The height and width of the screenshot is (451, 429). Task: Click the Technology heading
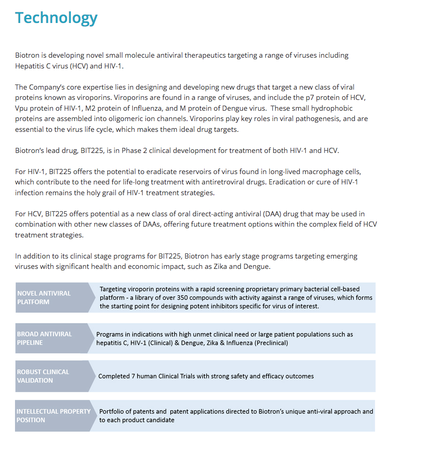coord(56,18)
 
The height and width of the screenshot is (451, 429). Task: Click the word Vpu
coord(22,108)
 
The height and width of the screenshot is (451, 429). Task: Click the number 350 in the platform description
coord(169,298)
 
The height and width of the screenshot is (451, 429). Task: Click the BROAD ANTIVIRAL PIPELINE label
coord(44,338)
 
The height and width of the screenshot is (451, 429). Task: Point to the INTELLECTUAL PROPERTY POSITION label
coord(53,415)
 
